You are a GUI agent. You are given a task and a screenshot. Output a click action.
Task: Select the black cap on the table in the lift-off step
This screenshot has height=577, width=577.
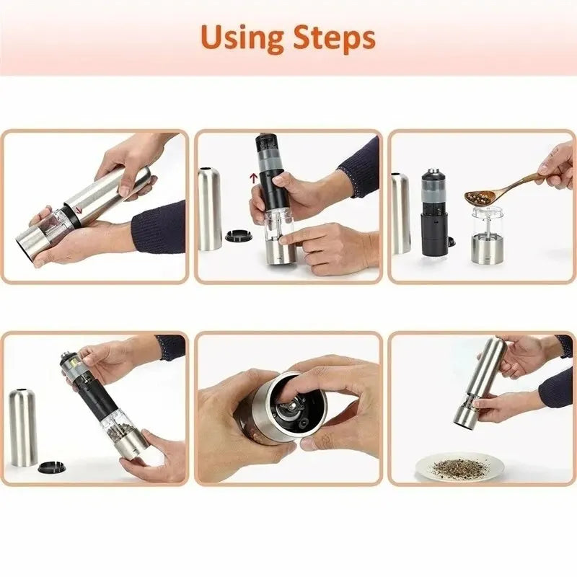[237, 235]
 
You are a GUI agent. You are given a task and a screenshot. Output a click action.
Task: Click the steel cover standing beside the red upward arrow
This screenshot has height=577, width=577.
[210, 209]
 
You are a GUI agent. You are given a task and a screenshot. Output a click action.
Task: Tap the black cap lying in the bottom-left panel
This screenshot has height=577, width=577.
[51, 467]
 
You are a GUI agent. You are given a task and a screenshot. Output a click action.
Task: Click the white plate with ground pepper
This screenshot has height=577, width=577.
[459, 467]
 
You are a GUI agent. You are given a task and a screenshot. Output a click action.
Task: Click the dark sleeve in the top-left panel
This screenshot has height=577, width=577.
[159, 227]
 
